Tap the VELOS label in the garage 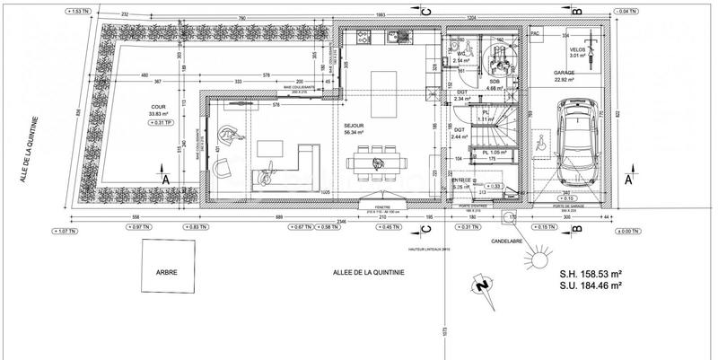(x=579, y=49)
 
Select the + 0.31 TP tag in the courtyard (x=160, y=123)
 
